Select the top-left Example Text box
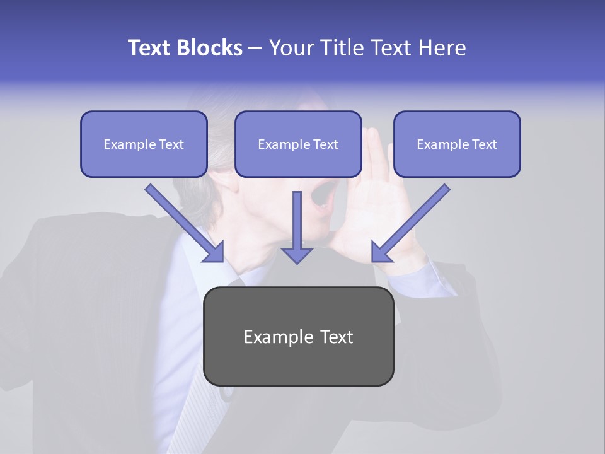(144, 144)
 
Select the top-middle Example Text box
(298, 144)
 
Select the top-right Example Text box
(457, 144)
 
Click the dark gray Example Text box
(298, 336)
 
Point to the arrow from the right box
(413, 221)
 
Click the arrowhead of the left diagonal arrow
(214, 252)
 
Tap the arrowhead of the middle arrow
(297, 255)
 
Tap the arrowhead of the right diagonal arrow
(381, 253)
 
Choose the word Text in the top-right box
(484, 144)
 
